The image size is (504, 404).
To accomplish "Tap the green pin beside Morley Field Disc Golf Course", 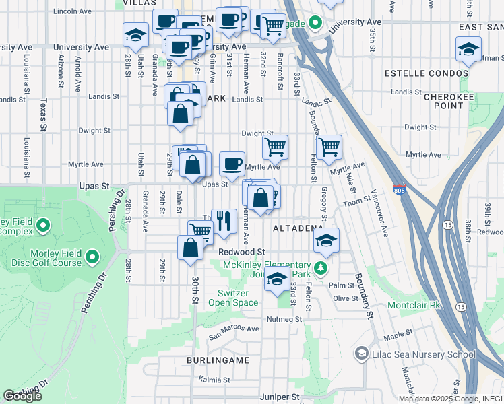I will pos(92,257).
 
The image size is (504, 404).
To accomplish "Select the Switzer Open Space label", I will pos(238,298).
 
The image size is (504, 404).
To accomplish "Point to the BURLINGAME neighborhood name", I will pos(218,360).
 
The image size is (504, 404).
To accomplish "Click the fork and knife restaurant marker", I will pos(224,220).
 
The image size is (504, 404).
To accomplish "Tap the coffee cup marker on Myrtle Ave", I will pos(232,164).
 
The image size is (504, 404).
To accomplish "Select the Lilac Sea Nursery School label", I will pos(426,354).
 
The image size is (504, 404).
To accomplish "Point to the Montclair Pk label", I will pos(414,305).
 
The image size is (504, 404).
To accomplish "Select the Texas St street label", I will pos(44,115).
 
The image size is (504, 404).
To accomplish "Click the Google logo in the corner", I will pos(22,396).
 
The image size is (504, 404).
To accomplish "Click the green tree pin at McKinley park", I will pos(322,269).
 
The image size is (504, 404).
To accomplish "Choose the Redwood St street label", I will pos(241,251).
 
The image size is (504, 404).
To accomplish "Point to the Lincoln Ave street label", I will pos(72,11).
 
